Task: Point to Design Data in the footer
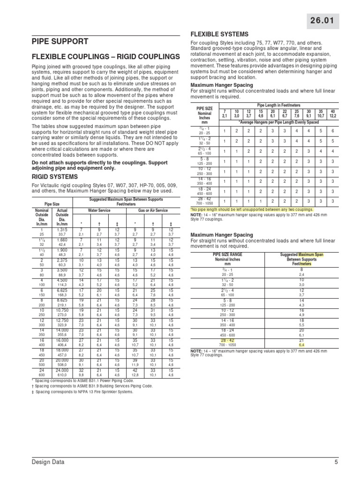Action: [48, 462]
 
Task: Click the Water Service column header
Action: [98, 210]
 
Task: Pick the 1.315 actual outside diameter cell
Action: [62, 230]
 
